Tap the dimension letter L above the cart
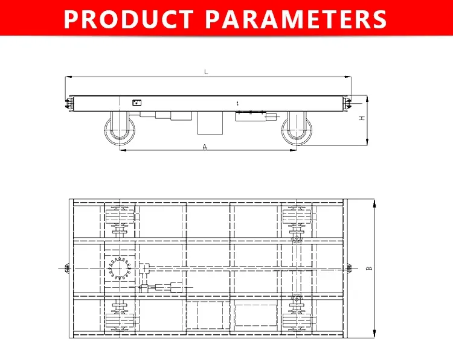tap(206, 72)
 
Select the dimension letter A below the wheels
tap(205, 147)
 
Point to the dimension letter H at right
tap(362, 119)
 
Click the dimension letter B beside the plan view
tap(369, 268)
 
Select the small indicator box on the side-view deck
tap(137, 103)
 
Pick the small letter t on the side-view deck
tap(237, 104)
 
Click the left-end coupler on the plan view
tap(66, 267)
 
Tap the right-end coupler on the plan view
tap(351, 267)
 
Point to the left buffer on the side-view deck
tap(69, 103)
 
